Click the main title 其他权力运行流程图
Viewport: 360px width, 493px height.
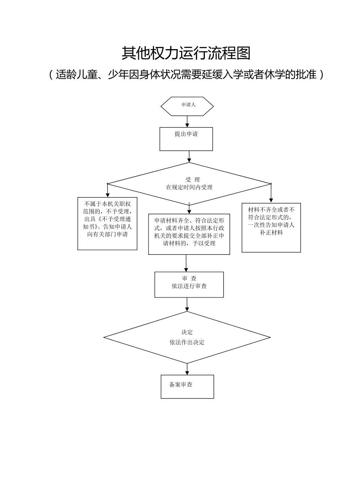(186, 53)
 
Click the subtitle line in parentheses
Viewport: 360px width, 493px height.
(186, 75)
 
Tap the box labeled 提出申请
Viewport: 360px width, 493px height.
(186, 139)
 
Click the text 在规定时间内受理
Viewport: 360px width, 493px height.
(189, 187)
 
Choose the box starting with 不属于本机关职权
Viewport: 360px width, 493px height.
(107, 223)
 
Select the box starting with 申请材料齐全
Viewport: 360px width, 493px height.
(189, 234)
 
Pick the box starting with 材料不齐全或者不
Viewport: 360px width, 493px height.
(271, 227)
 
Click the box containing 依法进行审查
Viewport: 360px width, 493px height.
(189, 285)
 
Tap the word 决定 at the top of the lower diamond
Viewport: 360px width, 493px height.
(187, 332)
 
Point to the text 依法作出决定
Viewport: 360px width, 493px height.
(187, 342)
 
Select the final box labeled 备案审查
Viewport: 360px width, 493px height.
(187, 387)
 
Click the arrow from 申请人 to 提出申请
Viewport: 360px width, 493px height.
(187, 121)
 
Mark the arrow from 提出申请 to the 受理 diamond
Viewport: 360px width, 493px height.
(189, 156)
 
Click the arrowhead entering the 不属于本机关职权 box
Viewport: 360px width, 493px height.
(107, 195)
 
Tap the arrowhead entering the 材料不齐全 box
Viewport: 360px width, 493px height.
(271, 200)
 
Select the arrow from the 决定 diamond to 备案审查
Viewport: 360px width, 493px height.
(187, 369)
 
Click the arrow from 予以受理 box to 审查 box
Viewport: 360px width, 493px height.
(186, 263)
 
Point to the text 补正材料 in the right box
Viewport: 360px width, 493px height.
(271, 233)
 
